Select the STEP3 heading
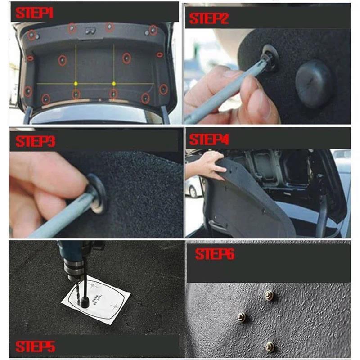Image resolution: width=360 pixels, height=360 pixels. [35, 141]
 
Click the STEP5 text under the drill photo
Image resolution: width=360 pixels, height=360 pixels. [35, 346]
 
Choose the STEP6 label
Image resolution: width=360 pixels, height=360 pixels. [215, 255]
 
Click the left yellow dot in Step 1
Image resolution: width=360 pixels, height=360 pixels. [76, 83]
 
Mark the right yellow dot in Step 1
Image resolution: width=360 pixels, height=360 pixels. [114, 83]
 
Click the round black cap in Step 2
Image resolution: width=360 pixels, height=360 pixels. [314, 84]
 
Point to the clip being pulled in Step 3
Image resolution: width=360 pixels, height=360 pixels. [98, 192]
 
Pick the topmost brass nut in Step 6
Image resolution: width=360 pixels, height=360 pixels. [269, 295]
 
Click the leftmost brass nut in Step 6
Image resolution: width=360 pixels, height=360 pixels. [242, 317]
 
